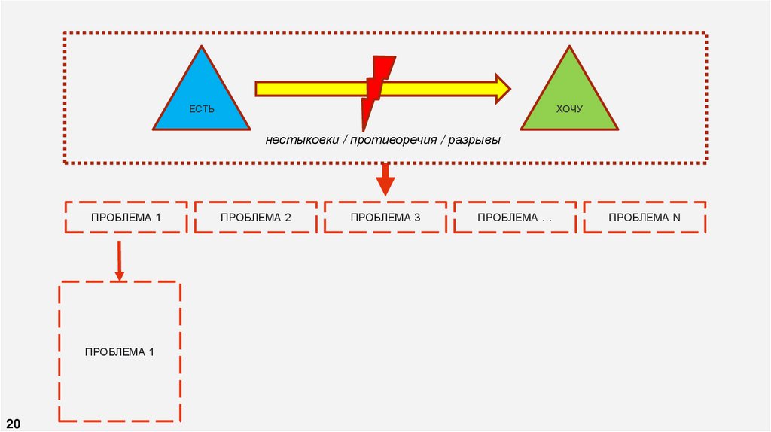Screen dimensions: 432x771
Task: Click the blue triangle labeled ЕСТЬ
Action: pyautogui.click(x=201, y=98)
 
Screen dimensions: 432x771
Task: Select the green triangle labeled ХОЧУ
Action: pyautogui.click(x=569, y=98)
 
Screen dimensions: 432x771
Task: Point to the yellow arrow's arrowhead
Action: pyautogui.click(x=501, y=89)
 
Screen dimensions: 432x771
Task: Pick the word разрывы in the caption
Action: pyautogui.click(x=474, y=141)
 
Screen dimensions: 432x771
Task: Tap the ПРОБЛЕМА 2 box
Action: pyautogui.click(x=256, y=218)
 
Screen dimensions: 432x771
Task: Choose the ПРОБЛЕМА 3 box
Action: pyautogui.click(x=385, y=218)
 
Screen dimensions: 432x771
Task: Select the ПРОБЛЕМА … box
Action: pyautogui.click(x=515, y=218)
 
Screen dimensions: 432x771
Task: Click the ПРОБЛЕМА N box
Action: pyautogui.click(x=645, y=218)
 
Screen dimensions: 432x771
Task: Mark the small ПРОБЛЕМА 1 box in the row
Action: pyautogui.click(x=126, y=218)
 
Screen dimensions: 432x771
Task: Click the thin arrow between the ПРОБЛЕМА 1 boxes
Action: pyautogui.click(x=118, y=260)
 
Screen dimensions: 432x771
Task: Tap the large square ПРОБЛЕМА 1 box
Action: pyautogui.click(x=120, y=351)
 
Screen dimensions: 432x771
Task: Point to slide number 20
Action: pyautogui.click(x=14, y=422)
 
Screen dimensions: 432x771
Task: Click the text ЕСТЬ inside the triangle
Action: pyautogui.click(x=202, y=110)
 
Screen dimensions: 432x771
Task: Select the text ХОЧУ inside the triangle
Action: pyautogui.click(x=569, y=110)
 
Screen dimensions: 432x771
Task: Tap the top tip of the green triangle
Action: pyautogui.click(x=570, y=48)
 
